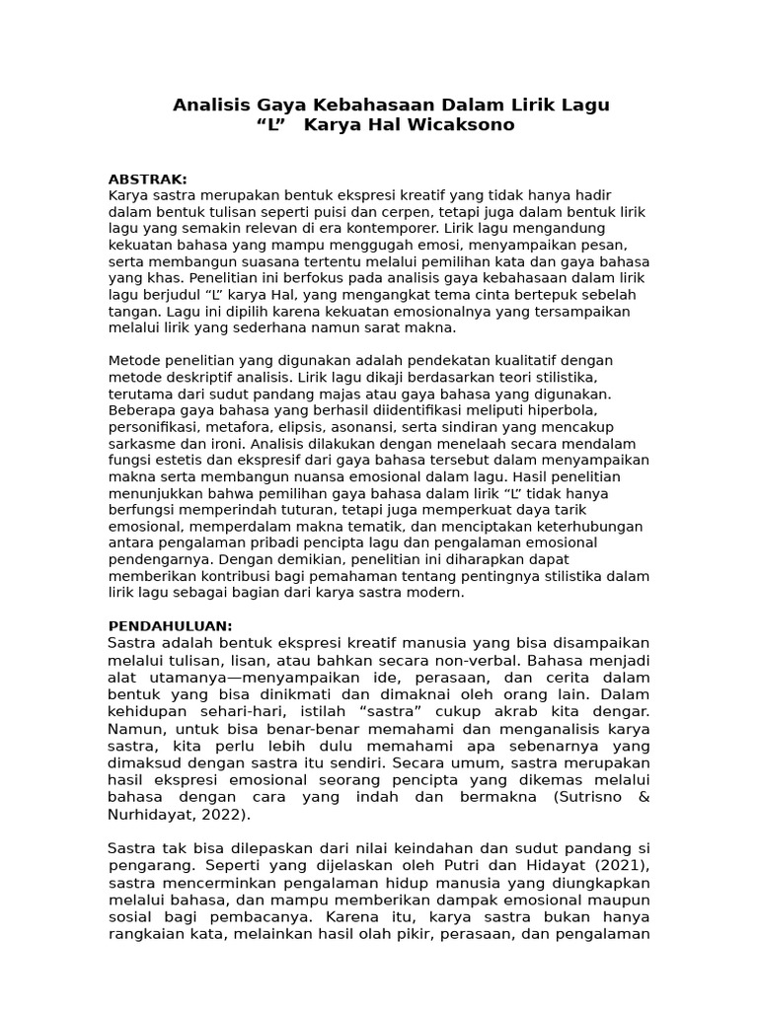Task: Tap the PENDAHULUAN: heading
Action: coord(170,625)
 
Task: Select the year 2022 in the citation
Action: coord(223,814)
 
